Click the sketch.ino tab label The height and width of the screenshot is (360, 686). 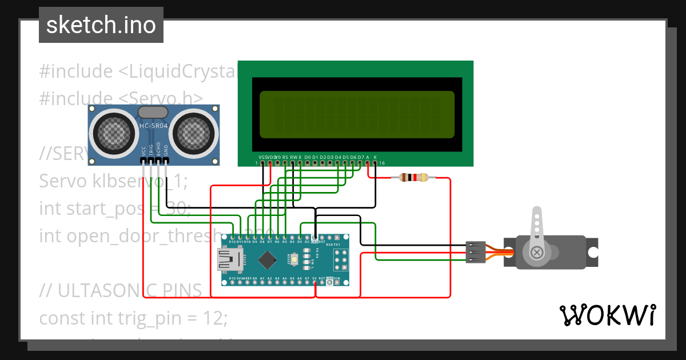pos(101,25)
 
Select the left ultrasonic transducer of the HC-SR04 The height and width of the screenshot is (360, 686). pos(114,133)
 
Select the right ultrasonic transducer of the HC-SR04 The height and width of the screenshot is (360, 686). pos(193,133)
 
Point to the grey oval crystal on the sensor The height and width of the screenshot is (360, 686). pos(153,111)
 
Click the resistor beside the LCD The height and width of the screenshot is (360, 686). pos(413,178)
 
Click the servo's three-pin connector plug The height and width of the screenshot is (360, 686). pos(476,252)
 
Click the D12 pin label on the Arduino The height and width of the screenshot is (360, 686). pos(233,242)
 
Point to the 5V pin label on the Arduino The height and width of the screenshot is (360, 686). pos(314,279)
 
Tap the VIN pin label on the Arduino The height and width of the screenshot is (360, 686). pos(337,279)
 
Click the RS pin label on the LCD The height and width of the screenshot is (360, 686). pos(285,157)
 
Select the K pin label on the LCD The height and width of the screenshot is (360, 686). pos(375,157)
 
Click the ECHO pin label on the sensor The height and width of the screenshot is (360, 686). pos(158,150)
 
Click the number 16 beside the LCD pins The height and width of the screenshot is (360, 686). pos(382,163)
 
